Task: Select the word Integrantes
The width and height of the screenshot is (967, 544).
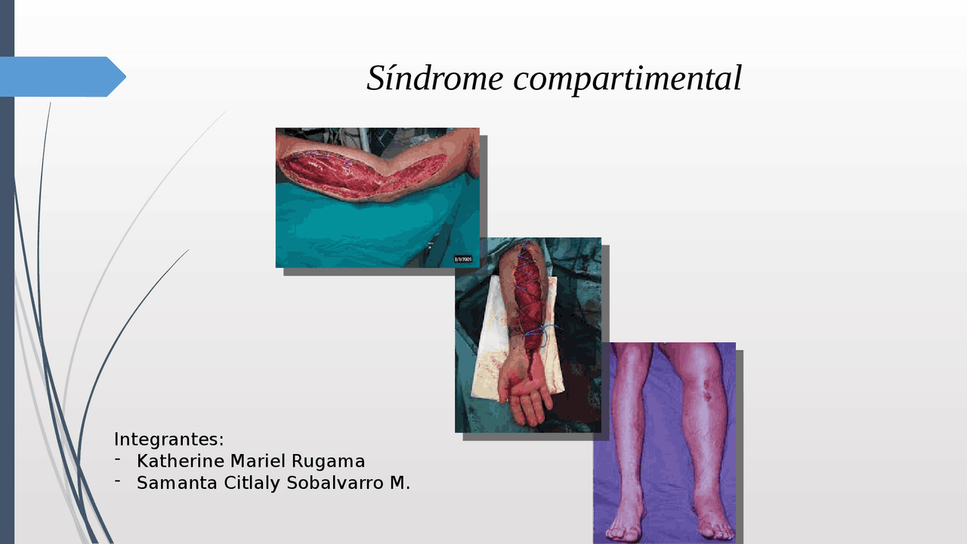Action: coord(168,439)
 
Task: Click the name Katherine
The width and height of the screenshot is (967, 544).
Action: coord(181,461)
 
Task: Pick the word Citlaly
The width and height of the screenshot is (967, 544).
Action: coord(252,483)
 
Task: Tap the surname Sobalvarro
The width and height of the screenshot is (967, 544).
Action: coord(335,483)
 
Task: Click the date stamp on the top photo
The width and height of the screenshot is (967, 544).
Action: coord(463,259)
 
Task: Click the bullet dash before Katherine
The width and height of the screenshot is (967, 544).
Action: coord(118,460)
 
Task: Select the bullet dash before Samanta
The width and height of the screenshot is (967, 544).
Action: coord(118,482)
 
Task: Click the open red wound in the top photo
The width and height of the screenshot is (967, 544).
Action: coord(355,174)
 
